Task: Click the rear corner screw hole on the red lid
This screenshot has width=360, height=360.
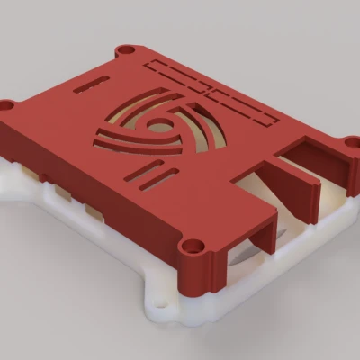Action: [127, 49]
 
